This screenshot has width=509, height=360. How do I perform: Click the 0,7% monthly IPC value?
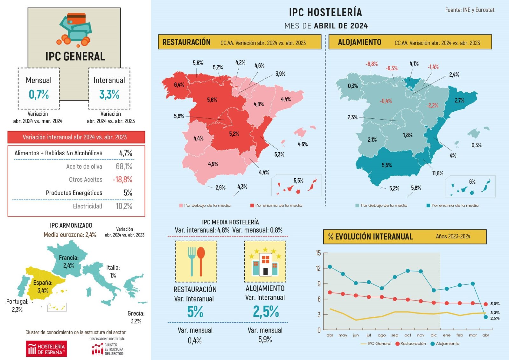point(39,94)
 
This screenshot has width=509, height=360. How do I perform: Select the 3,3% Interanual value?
point(109,94)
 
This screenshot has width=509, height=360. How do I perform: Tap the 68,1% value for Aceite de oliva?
point(124,166)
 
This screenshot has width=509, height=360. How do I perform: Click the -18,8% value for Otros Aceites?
point(122,180)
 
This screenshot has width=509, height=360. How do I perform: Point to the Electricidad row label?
point(87,206)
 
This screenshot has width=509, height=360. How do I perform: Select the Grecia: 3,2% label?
point(136,317)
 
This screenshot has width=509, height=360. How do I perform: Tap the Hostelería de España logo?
point(46,349)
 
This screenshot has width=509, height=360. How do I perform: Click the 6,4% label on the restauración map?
point(179,85)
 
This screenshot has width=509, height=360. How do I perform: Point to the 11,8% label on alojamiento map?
point(437,173)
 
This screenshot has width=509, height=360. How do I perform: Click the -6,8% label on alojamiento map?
point(371,64)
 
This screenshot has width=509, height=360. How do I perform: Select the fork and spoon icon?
point(196,261)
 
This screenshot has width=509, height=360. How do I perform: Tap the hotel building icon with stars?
point(265,261)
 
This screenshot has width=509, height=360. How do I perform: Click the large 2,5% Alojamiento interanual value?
point(266,312)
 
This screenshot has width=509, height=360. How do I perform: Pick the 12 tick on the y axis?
point(318,268)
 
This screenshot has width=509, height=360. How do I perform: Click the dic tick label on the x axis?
point(434,335)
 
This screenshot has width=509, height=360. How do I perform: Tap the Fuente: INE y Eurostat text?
point(470,10)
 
